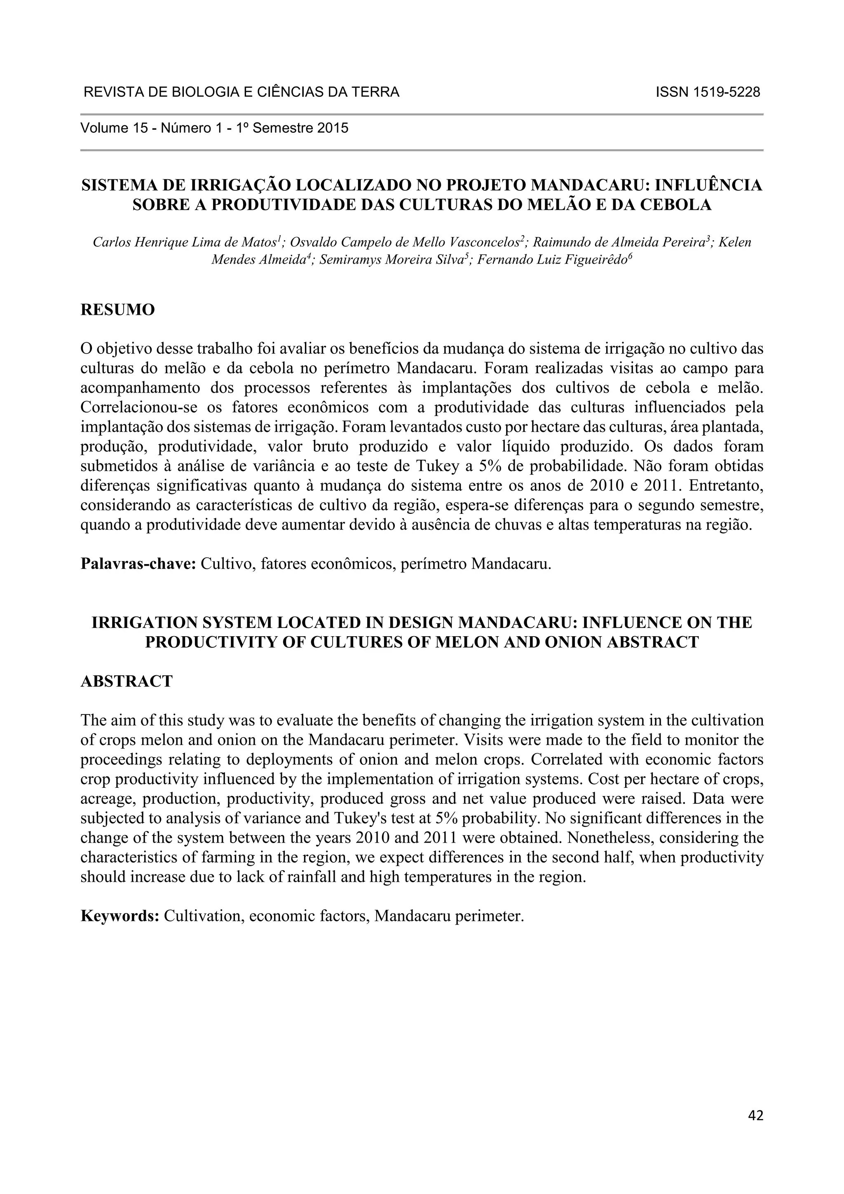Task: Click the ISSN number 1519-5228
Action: point(708,93)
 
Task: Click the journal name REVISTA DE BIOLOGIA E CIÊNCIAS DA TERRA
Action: point(241,93)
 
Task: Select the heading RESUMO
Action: point(117,310)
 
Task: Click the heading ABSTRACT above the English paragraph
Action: point(127,681)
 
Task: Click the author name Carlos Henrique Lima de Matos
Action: point(185,242)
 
